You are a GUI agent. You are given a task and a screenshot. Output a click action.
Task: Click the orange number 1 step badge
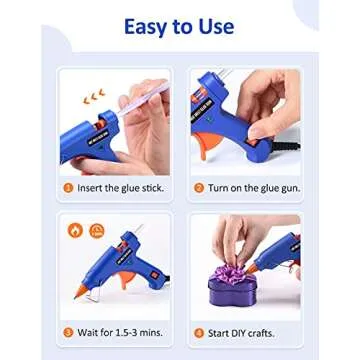point(67,187)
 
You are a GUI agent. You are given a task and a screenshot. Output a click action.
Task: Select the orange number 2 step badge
point(199,187)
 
